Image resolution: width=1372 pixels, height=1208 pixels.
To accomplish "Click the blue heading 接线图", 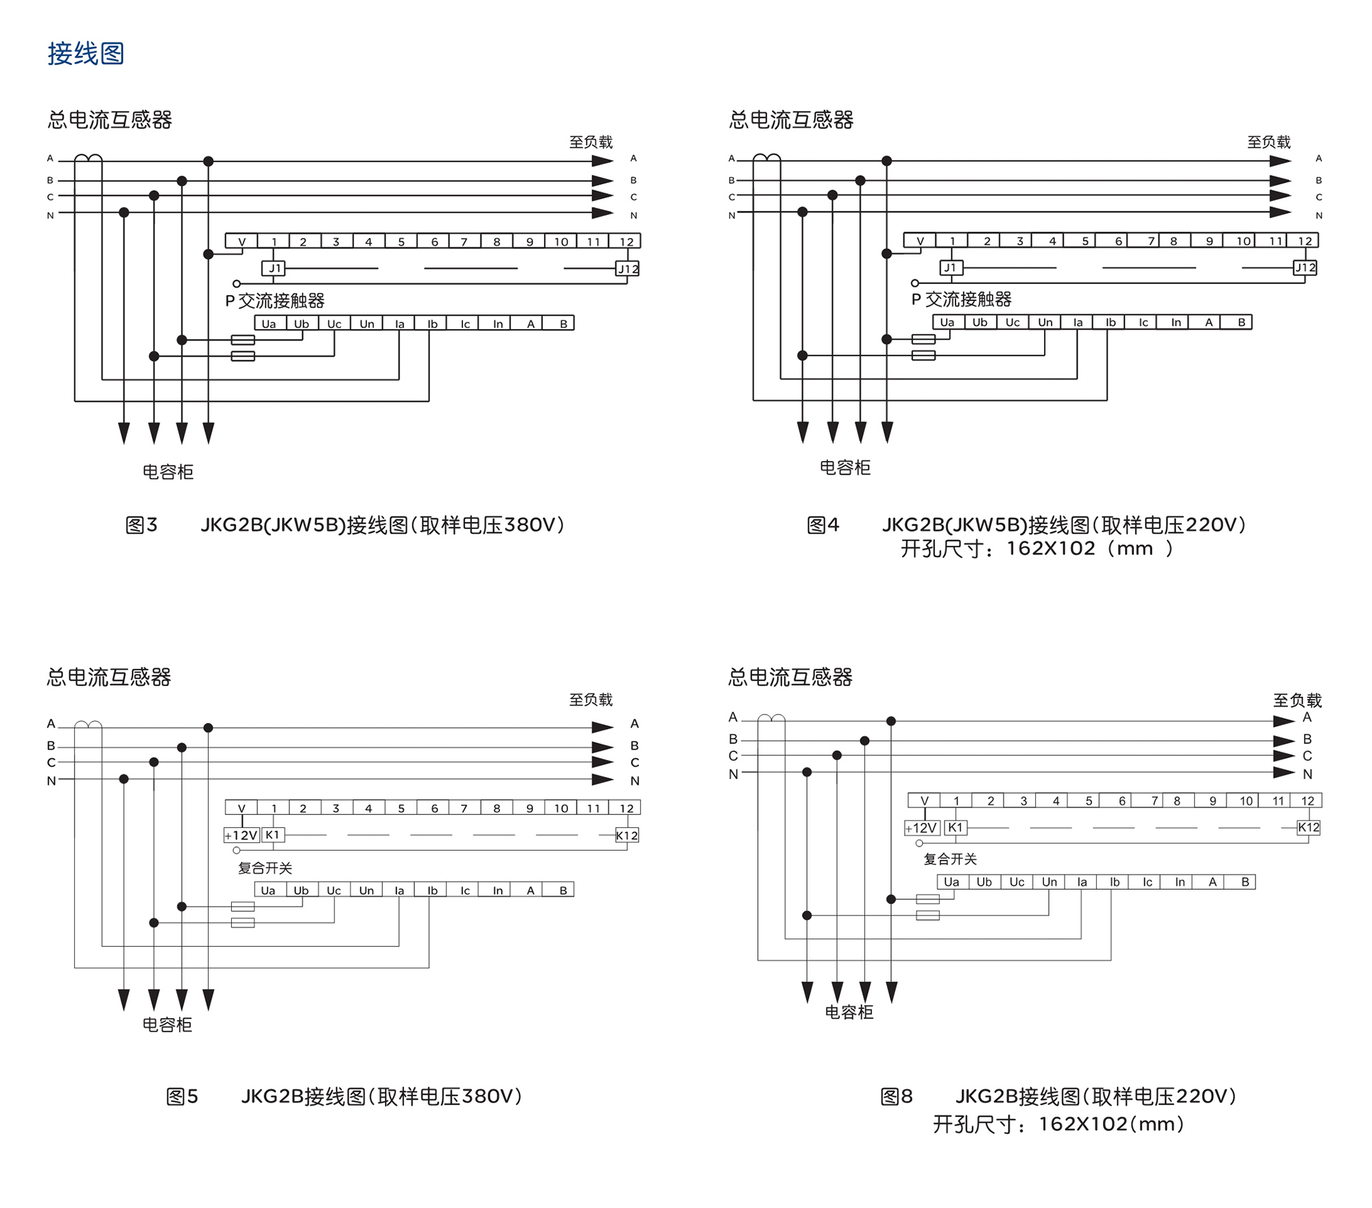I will (x=86, y=54).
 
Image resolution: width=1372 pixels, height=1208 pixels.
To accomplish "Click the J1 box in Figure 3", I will (x=274, y=268).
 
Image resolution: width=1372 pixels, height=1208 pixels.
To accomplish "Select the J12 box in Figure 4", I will (x=1305, y=268).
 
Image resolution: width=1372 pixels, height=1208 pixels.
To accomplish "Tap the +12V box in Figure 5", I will (x=241, y=835).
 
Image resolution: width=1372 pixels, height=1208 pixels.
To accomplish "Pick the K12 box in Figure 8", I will (x=1308, y=827).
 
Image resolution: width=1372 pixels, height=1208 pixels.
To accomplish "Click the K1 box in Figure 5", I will (x=272, y=835).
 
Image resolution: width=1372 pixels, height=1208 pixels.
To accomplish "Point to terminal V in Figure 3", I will (x=241, y=241).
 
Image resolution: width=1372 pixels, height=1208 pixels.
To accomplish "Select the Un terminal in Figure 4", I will (x=1045, y=322).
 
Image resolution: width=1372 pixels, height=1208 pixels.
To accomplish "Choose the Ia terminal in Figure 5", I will (x=399, y=890).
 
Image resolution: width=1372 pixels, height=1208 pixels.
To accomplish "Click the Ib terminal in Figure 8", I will (x=1114, y=882).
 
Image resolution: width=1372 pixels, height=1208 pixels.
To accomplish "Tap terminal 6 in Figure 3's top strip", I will (x=434, y=241).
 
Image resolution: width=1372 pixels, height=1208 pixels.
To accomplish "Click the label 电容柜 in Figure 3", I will (x=168, y=472).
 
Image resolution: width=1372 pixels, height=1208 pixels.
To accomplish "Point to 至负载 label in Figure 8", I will (x=1297, y=700).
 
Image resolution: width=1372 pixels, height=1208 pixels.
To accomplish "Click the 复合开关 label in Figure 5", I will (x=265, y=868).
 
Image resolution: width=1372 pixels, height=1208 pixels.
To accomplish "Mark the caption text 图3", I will (x=141, y=525).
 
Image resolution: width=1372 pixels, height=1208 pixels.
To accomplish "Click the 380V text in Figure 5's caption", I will (x=487, y=1096).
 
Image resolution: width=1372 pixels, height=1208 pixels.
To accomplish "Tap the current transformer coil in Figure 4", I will (x=766, y=158).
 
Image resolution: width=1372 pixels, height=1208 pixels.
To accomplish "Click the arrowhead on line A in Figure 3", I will (x=602, y=161).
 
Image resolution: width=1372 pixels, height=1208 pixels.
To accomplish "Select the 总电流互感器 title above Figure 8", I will (x=790, y=678).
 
